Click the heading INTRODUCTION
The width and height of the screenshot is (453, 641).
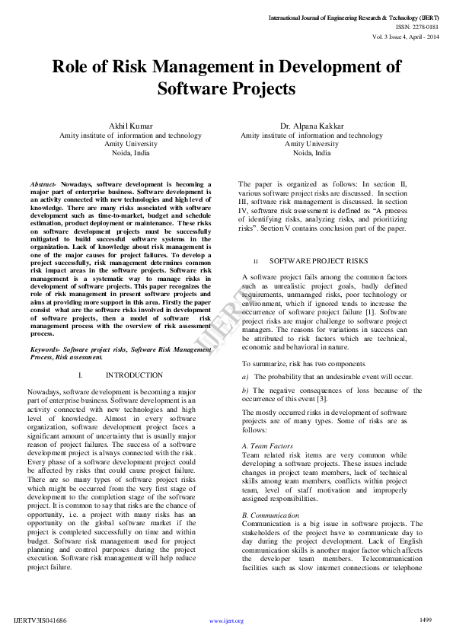[x=134, y=375]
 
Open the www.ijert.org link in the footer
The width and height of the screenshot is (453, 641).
[x=226, y=621]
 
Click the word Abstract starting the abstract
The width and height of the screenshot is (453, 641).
[x=43, y=185]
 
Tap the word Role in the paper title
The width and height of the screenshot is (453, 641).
[x=73, y=66]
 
